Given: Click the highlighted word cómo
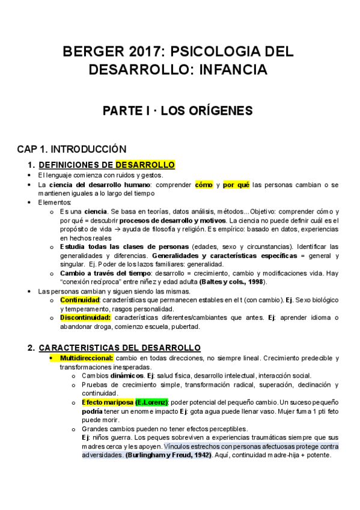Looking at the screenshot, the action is tap(203, 185).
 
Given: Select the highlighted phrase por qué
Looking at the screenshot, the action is tap(236, 185).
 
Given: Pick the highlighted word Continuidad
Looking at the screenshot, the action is tap(79, 300).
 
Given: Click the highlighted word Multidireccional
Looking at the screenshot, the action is tap(87, 358).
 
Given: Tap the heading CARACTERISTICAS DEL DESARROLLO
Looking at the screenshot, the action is tap(120, 348).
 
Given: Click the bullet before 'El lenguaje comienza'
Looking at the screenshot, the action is tap(30, 175).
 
